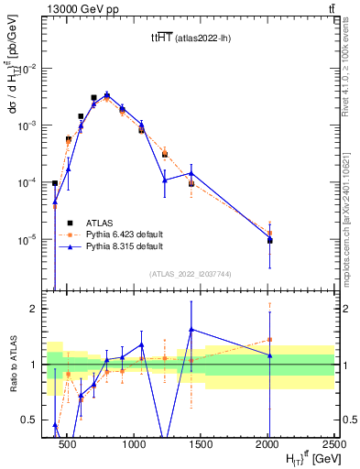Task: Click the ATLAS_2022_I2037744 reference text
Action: coord(189,274)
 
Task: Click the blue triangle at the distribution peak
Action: coord(107,94)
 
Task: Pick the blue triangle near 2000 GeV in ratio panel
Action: coord(269,355)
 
